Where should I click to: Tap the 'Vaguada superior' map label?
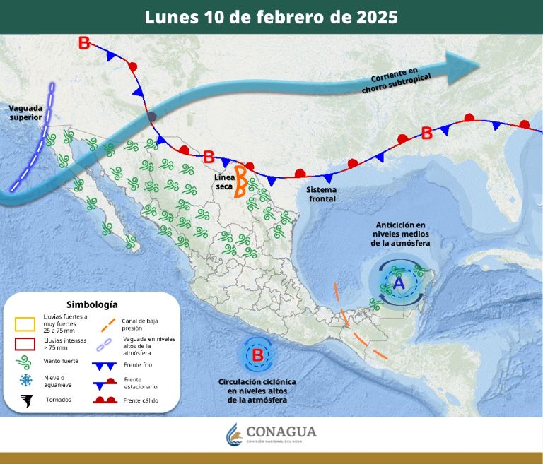pos(26,112)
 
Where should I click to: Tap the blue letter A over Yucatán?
pos(398,283)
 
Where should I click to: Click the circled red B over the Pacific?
pos(258,355)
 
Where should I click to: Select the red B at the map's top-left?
pos(83,43)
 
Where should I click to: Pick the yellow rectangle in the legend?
pos(26,324)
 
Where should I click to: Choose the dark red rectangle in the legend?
pos(26,345)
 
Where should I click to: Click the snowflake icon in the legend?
pos(26,381)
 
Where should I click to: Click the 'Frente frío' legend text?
pos(137,365)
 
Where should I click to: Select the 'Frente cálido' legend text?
pos(141,400)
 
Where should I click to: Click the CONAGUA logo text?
pos(281,432)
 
